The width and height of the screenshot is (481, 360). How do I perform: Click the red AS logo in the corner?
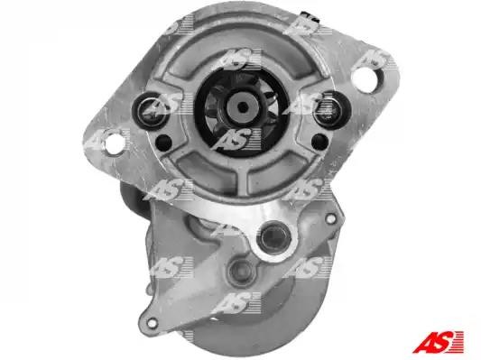point(438,342)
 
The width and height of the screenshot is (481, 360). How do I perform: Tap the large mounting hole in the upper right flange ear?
point(364,77)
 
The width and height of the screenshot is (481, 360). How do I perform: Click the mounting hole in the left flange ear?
point(115,144)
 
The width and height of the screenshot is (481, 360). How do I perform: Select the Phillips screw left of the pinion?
point(151,111)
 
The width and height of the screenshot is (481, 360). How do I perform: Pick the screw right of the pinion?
point(328,109)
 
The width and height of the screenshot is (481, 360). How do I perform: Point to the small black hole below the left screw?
point(164,143)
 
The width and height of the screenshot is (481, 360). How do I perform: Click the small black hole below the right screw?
point(320,142)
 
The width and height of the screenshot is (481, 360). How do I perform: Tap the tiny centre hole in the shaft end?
point(243,107)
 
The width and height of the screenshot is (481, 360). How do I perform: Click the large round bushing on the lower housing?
point(275,237)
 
